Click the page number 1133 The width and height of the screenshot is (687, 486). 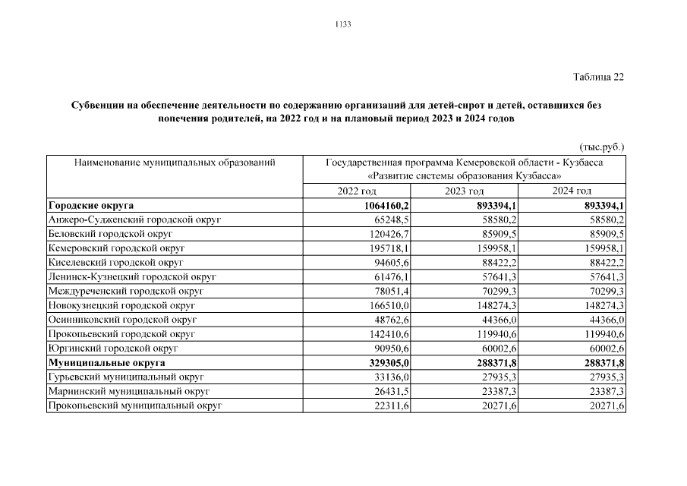tap(343, 24)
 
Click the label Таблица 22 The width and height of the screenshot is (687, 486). tap(597, 77)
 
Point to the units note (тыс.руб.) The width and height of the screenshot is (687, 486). tap(601, 147)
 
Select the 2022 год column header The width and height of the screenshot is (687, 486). tap(356, 191)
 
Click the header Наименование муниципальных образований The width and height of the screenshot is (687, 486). tap(174, 163)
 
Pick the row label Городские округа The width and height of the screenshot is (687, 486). tap(91, 206)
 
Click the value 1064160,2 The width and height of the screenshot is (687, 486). tap(384, 206)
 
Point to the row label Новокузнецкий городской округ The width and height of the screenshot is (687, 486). tap(121, 306)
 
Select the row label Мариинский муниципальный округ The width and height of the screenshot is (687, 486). tap(128, 392)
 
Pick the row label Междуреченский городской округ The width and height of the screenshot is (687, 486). tap(125, 292)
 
